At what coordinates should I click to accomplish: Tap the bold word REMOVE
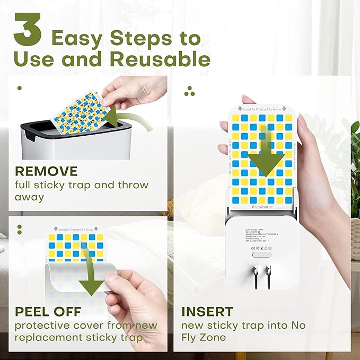[x=46, y=171]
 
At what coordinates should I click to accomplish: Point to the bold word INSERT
[x=207, y=311]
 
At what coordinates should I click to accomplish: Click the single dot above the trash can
[x=20, y=88]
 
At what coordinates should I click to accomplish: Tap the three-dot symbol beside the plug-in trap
[x=189, y=91]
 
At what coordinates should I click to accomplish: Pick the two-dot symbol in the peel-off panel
[x=20, y=230]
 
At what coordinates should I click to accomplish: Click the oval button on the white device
[x=262, y=254]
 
